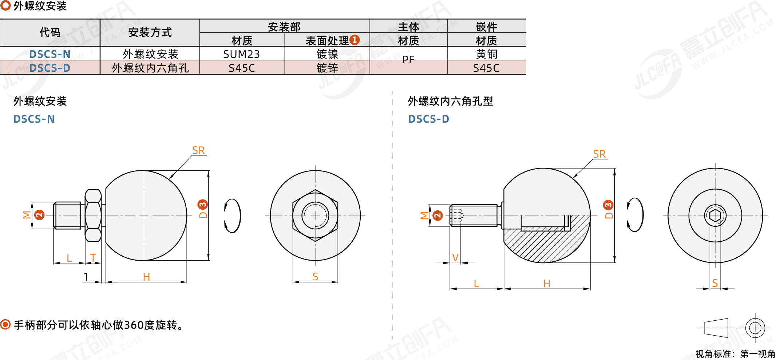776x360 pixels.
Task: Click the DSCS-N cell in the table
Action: tap(50, 54)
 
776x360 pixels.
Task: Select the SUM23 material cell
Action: tap(241, 54)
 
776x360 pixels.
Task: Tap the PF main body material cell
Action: tap(408, 60)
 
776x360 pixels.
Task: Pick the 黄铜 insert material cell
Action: tap(486, 54)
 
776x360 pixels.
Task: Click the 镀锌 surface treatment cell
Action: tap(327, 68)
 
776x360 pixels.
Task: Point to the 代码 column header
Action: tap(50, 32)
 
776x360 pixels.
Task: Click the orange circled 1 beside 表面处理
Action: tap(355, 40)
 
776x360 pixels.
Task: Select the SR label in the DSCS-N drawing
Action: tap(198, 150)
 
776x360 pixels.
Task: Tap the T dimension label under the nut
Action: tap(93, 258)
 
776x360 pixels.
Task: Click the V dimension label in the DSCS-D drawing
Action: tap(455, 258)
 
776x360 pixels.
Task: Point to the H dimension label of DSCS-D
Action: tap(546, 284)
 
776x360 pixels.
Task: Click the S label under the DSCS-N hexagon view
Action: tap(315, 277)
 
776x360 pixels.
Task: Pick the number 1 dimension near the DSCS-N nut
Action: tap(86, 277)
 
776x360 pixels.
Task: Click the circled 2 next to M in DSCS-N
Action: tap(39, 215)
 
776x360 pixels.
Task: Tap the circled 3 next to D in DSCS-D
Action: tap(608, 205)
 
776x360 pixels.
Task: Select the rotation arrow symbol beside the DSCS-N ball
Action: tap(232, 215)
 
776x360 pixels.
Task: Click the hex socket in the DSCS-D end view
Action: tap(715, 215)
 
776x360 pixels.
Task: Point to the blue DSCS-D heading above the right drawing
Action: tap(428, 119)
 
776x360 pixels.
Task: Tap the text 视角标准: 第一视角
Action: tap(735, 354)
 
